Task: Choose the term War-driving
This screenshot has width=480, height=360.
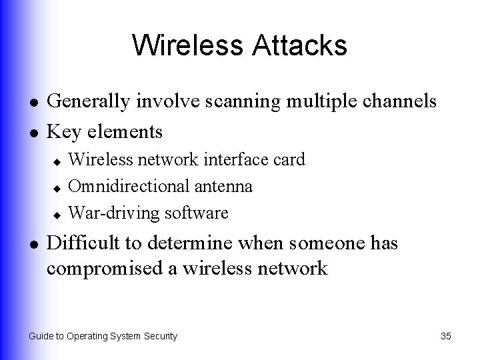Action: pos(109,213)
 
